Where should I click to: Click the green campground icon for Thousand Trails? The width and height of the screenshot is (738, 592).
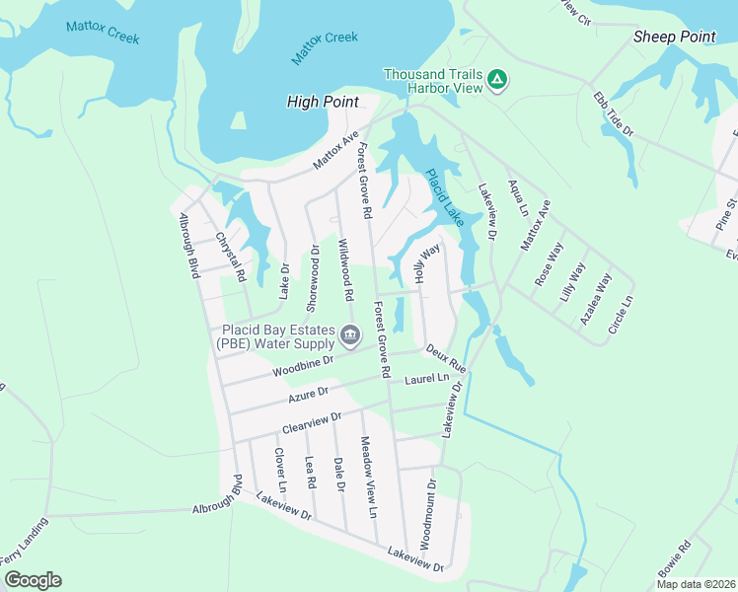pos(498,79)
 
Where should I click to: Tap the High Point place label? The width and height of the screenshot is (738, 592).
pos(321,102)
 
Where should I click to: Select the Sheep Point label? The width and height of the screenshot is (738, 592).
pos(674,37)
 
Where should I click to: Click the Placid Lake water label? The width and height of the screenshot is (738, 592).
pos(443,197)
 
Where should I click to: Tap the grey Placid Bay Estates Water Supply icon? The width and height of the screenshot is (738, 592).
pos(349,336)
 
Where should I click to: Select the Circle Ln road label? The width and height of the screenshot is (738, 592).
pos(619,314)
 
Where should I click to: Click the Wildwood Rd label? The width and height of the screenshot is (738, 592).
pos(345,269)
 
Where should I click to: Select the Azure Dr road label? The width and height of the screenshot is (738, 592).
pos(308,395)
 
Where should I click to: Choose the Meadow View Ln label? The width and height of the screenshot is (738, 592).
pos(368,478)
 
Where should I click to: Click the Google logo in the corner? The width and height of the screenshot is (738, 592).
pos(33,580)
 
